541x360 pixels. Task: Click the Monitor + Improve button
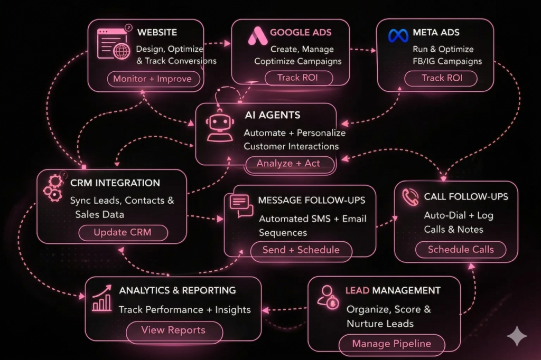[x=148, y=80]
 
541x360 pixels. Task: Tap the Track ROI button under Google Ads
[x=298, y=78]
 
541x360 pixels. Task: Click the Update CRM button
[x=123, y=233]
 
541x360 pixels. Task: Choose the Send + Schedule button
[x=301, y=250]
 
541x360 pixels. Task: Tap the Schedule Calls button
[x=461, y=250]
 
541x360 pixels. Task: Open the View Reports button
[x=173, y=330]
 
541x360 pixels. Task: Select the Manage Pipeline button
[x=391, y=344]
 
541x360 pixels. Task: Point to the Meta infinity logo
[x=399, y=35]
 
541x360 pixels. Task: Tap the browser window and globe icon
[x=113, y=44]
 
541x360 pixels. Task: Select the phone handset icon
[x=410, y=197]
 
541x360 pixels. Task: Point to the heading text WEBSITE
[x=157, y=33]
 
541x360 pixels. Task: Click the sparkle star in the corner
[x=517, y=336]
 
